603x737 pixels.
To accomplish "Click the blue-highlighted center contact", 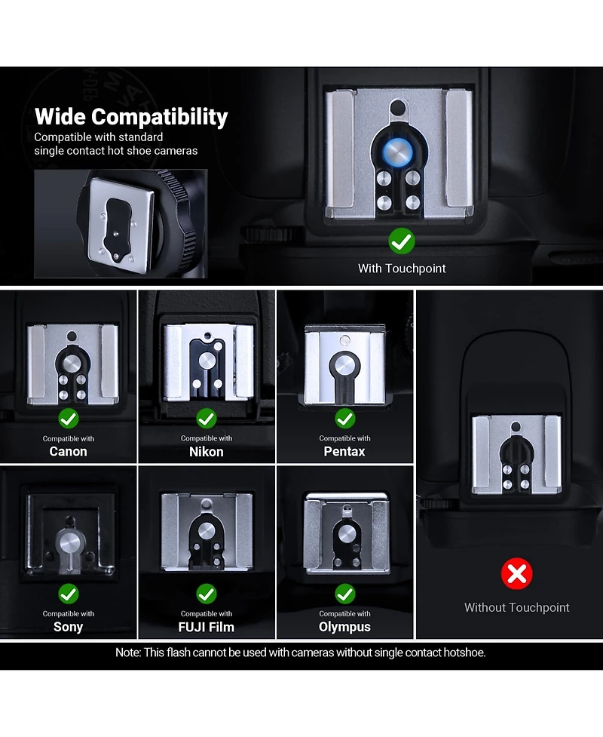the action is click(397, 152).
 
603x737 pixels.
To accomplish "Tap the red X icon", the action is click(516, 573).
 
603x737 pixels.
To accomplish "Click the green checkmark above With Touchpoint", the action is click(402, 241).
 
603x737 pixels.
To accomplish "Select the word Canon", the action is click(68, 451).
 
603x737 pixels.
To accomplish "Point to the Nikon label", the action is click(207, 452).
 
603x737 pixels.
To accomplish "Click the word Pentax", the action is click(344, 451).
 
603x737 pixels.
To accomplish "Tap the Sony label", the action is click(68, 627).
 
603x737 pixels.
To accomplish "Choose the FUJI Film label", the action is click(207, 627).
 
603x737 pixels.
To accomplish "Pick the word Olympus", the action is click(344, 627).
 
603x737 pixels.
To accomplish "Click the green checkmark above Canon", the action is click(68, 419).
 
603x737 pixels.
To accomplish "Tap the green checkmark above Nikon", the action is click(207, 419).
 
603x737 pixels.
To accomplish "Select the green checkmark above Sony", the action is click(68, 594).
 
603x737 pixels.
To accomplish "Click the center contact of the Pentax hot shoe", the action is click(344, 365).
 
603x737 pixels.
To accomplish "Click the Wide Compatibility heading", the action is click(131, 117).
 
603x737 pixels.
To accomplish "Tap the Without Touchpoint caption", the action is click(516, 607).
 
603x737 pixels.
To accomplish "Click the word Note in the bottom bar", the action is click(127, 653).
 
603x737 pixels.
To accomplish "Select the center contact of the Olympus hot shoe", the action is click(346, 534).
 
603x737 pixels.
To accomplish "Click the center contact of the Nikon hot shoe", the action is click(207, 361).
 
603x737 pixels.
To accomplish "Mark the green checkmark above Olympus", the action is click(344, 594).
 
